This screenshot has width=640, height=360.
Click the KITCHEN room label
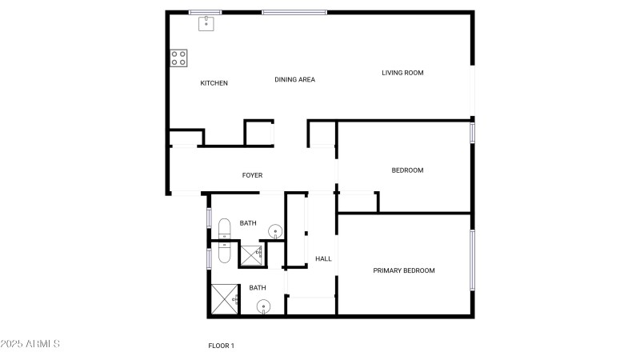214,83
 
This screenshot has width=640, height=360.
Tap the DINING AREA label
294,79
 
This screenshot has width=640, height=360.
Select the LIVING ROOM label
402,73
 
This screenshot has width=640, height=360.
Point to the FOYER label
252,175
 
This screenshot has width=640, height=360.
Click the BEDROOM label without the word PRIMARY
407,170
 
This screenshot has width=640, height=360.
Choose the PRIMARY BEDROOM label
404,270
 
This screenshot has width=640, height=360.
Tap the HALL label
323,258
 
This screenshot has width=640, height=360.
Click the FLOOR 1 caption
221,346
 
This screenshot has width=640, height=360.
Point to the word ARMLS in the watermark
43,344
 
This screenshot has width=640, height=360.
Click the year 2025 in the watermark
12,344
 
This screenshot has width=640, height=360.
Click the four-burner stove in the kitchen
178,58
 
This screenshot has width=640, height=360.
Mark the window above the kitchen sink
206,12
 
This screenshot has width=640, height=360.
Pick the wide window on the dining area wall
294,12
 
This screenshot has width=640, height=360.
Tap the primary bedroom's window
472,260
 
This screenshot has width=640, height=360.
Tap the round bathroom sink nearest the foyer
274,233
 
